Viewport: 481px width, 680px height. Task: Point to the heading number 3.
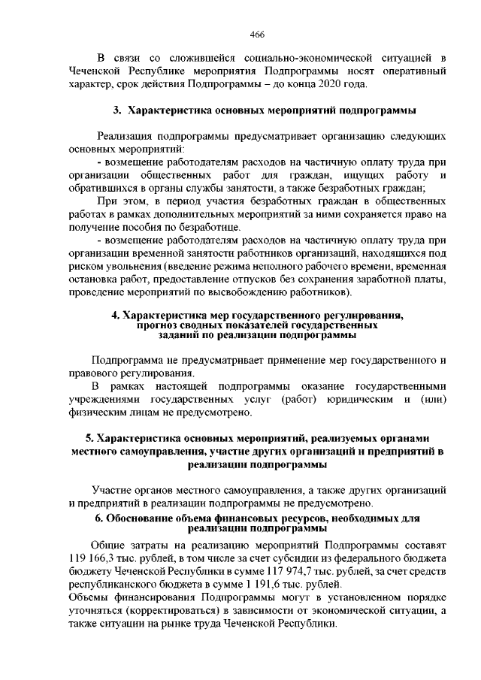118,111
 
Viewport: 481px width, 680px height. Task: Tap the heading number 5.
89,438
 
